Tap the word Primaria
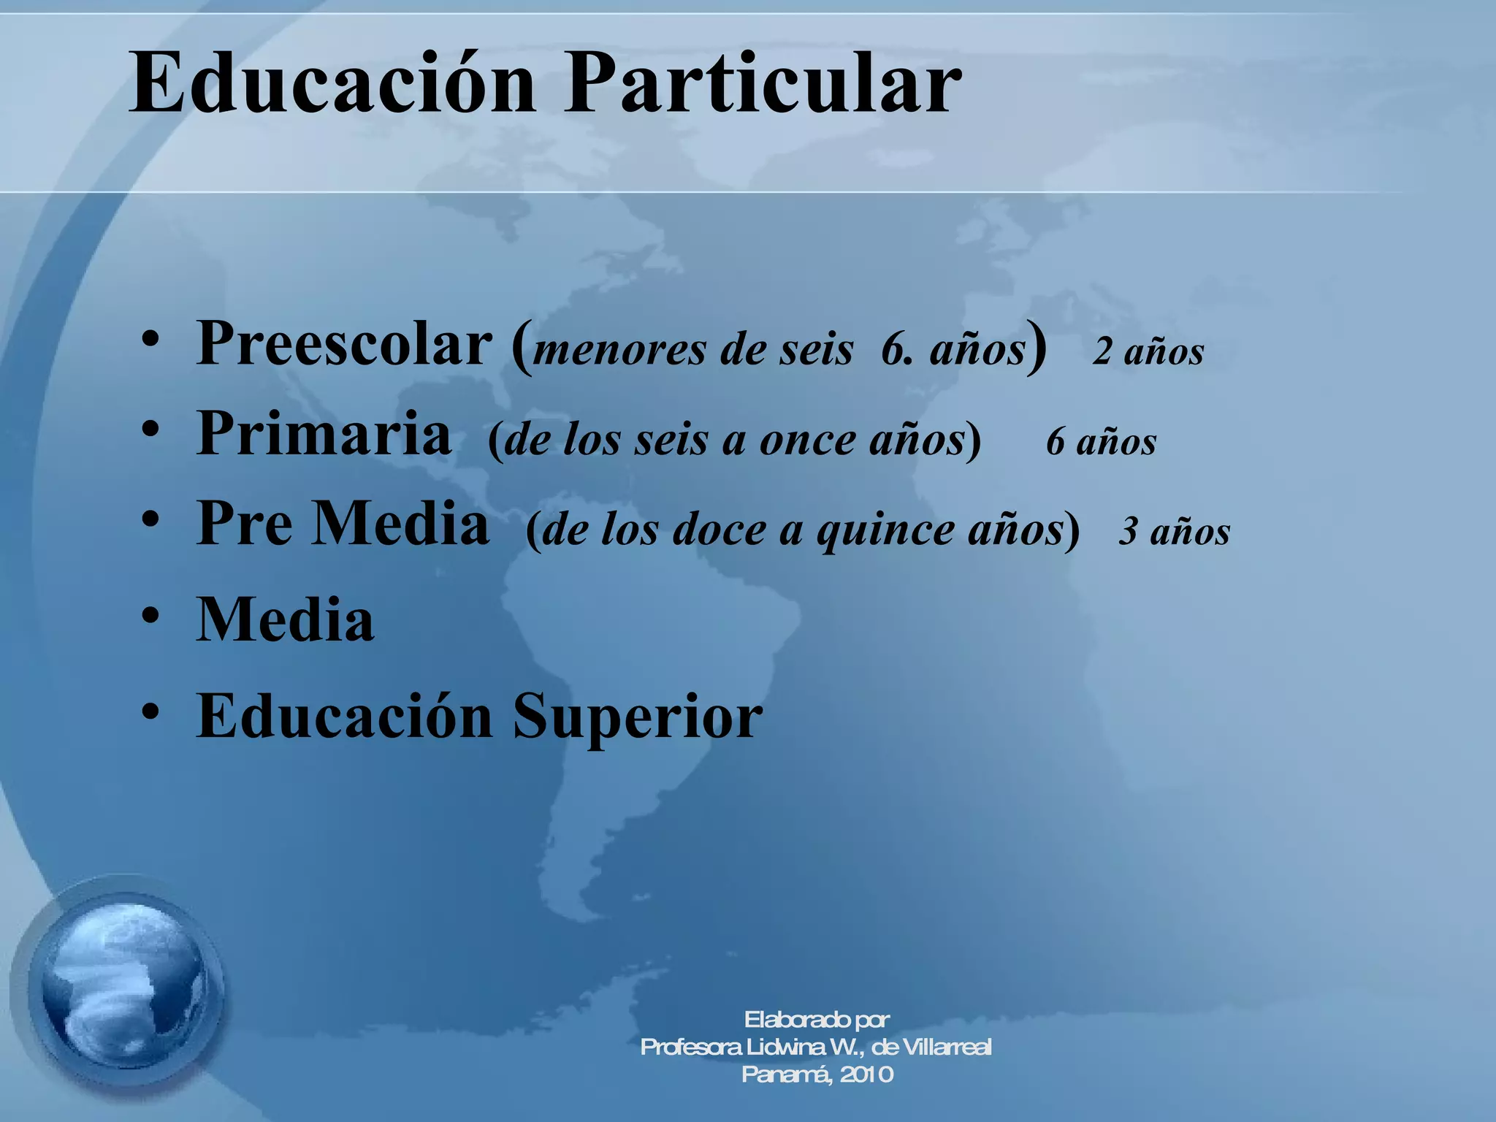coord(324,434)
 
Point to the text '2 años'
coord(1148,352)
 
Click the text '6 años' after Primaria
coord(1101,442)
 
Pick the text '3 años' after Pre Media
coord(1174,531)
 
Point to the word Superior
coord(637,717)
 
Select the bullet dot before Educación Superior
coord(150,711)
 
